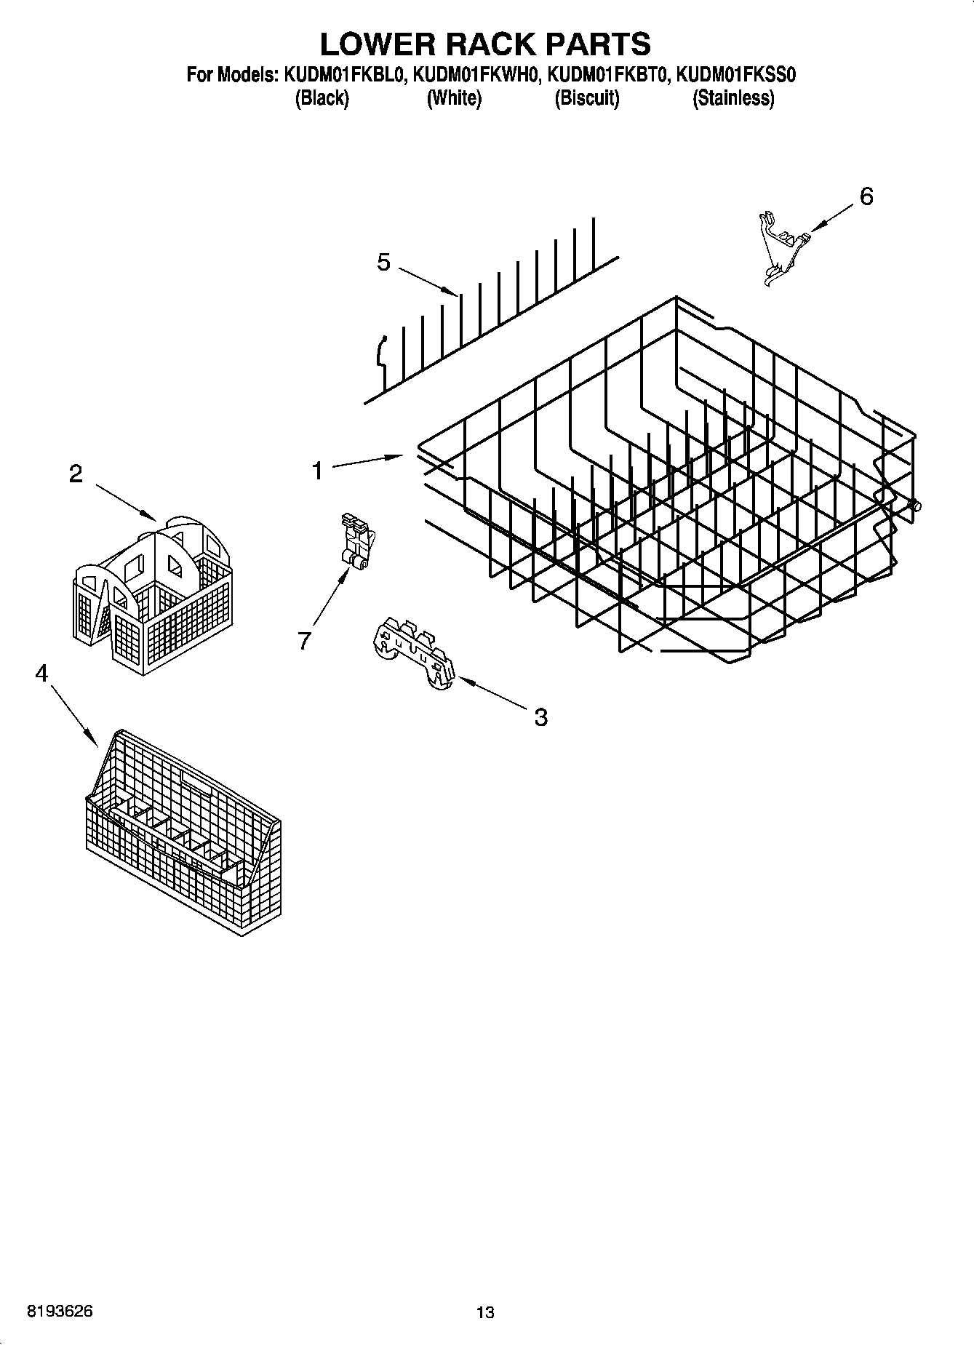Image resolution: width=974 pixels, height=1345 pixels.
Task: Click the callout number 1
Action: coord(317,471)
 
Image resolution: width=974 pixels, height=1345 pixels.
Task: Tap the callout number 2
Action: coord(76,474)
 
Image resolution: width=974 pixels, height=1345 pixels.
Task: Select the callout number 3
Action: coord(540,717)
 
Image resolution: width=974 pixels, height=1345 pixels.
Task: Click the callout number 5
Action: coord(383,263)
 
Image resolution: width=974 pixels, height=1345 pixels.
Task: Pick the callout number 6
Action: coord(866,196)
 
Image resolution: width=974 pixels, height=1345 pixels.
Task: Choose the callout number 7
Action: coord(304,640)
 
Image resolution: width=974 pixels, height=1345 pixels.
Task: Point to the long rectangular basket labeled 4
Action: coord(182,829)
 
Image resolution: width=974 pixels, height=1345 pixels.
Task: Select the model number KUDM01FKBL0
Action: coord(339,74)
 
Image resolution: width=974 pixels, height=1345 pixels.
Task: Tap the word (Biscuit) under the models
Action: coord(586,98)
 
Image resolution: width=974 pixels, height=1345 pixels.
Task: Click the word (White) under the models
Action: coord(454,98)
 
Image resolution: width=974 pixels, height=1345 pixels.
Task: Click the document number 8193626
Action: coord(60,1312)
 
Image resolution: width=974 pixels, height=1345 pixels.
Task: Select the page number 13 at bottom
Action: coord(485,1312)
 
